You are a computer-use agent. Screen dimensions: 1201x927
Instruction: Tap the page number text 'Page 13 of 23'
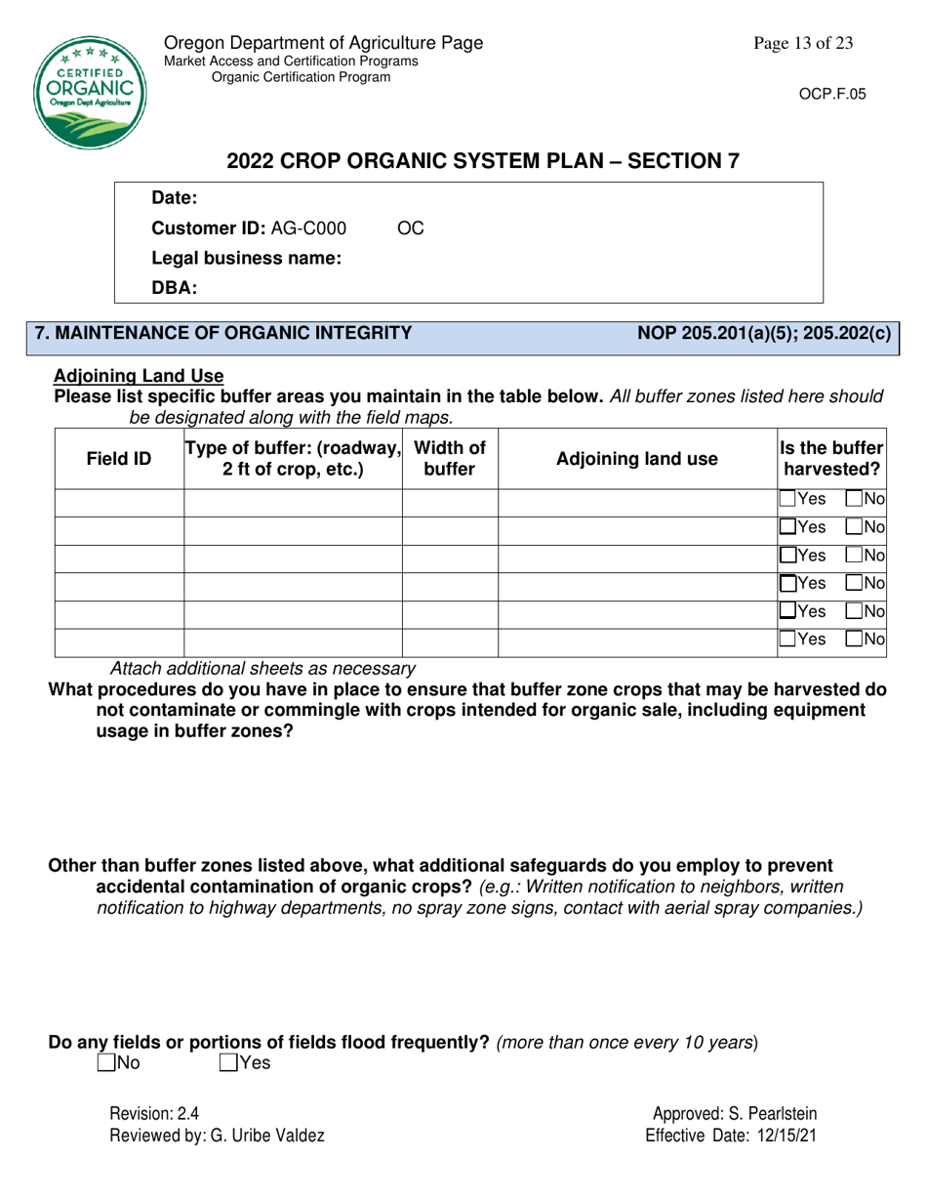tap(803, 43)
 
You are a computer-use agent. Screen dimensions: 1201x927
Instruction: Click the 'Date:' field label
tap(175, 199)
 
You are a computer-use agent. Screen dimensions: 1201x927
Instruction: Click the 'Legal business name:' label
tap(246, 259)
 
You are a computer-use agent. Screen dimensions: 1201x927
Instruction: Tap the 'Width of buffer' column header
tap(450, 458)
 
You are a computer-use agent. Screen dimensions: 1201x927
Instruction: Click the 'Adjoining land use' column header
tap(636, 458)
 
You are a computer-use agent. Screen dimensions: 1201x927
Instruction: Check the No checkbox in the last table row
tap(853, 642)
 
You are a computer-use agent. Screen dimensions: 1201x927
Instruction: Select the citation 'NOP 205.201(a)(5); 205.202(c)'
tap(764, 333)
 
